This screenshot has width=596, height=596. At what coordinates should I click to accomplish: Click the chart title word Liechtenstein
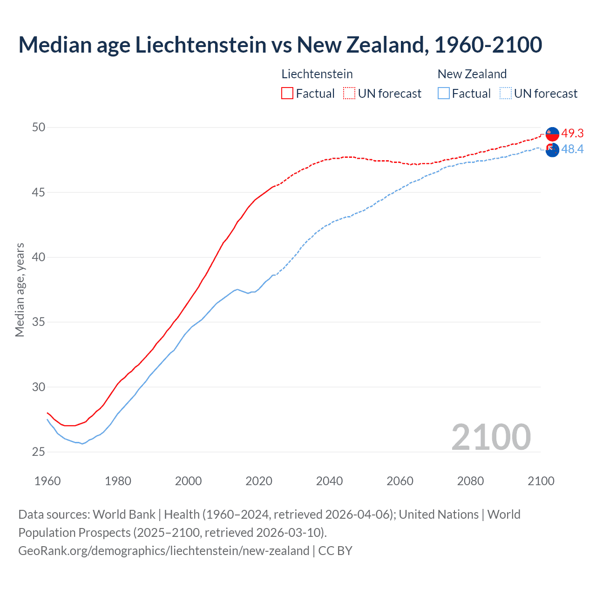coord(201,45)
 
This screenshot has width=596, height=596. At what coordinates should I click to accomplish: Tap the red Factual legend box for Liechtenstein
coord(287,93)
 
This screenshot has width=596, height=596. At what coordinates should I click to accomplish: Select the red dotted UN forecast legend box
coord(349,93)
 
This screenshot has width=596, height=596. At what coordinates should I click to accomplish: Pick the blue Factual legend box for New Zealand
coord(444,93)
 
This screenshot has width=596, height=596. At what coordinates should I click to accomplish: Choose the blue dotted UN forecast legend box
coord(506,93)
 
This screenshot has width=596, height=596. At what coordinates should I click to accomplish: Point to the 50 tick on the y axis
coord(39,127)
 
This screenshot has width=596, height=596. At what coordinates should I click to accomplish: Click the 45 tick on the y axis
coord(39,192)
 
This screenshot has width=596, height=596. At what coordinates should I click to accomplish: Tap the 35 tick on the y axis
coord(39,322)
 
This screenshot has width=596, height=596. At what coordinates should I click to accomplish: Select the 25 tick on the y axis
coord(39,452)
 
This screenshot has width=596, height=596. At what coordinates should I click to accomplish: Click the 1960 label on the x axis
coord(47,481)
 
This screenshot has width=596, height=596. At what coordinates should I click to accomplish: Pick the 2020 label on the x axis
coord(259,481)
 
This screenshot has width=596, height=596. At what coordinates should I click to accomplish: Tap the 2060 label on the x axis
coord(400,481)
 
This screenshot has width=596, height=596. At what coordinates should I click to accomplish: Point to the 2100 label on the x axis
coord(541,481)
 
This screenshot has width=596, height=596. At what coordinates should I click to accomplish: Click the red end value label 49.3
coord(572,133)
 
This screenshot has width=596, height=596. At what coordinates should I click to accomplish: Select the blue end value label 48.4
coord(572,149)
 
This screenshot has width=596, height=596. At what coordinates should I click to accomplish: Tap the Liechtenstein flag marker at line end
coord(552,133)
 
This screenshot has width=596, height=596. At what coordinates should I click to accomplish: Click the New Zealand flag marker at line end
coord(552,150)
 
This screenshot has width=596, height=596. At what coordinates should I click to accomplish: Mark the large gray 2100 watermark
coord(491,437)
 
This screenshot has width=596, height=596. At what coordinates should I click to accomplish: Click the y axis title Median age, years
coord(20,290)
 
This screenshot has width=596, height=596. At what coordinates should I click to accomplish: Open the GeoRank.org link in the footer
coord(163,550)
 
